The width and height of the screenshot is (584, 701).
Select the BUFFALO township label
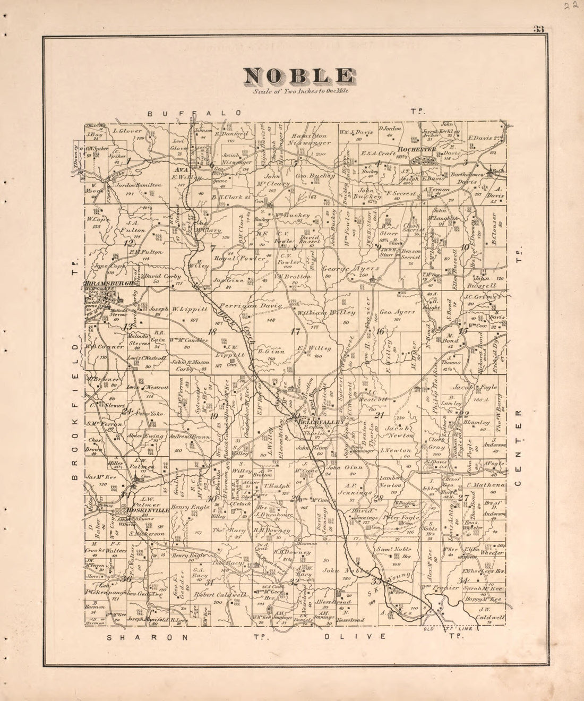195,113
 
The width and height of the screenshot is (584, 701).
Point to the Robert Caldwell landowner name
220,595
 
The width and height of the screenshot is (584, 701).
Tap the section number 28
378,498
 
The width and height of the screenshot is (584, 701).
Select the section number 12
128,244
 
